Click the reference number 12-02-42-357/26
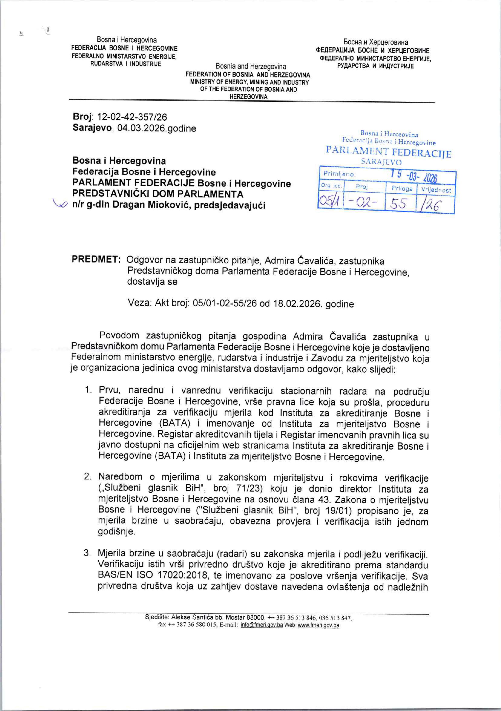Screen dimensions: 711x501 tap(132, 117)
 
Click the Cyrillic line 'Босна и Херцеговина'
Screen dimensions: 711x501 tap(375, 42)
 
